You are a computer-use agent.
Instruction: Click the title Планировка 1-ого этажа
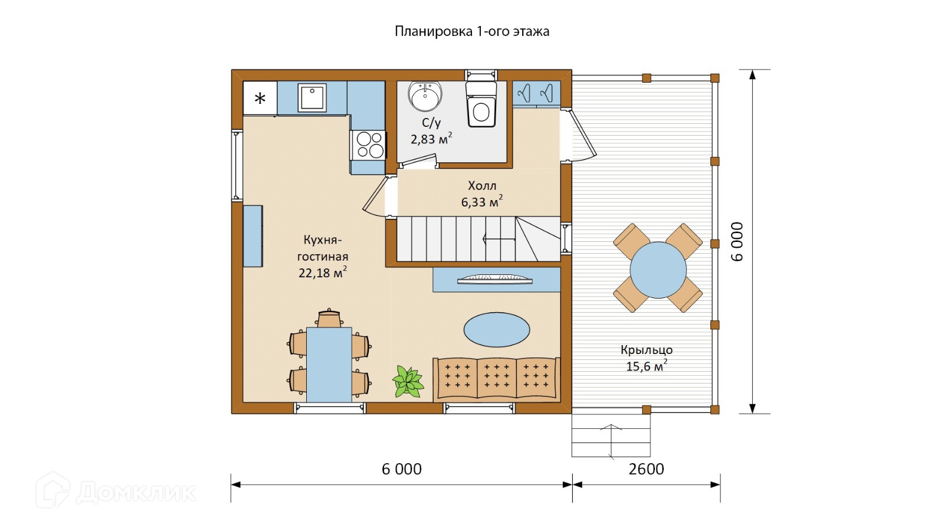tap(471, 32)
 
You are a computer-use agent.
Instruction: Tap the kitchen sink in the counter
tap(312, 98)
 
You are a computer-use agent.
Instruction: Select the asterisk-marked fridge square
tap(260, 98)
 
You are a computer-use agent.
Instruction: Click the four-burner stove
tap(368, 145)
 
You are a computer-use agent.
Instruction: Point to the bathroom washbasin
tap(425, 97)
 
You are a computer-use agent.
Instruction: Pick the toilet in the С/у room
tap(481, 104)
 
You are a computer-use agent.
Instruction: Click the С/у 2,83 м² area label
tap(431, 130)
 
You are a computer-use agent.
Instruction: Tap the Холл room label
tap(482, 185)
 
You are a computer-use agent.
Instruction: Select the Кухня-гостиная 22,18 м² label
tap(323, 256)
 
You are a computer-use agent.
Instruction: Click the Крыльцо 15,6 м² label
tap(647, 358)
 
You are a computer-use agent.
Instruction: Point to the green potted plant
tap(408, 382)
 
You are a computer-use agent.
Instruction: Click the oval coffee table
tap(496, 330)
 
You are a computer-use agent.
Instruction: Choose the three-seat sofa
tap(496, 378)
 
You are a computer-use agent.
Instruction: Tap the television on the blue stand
tap(495, 279)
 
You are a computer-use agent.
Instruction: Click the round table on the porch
tap(658, 270)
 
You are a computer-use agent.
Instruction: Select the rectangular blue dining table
tap(329, 365)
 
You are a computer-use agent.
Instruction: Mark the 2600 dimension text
tap(646, 469)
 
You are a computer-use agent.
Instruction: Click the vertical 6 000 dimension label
tap(737, 242)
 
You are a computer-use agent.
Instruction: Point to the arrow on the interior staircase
tap(499, 240)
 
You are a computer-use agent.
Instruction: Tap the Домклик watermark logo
tap(116, 491)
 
